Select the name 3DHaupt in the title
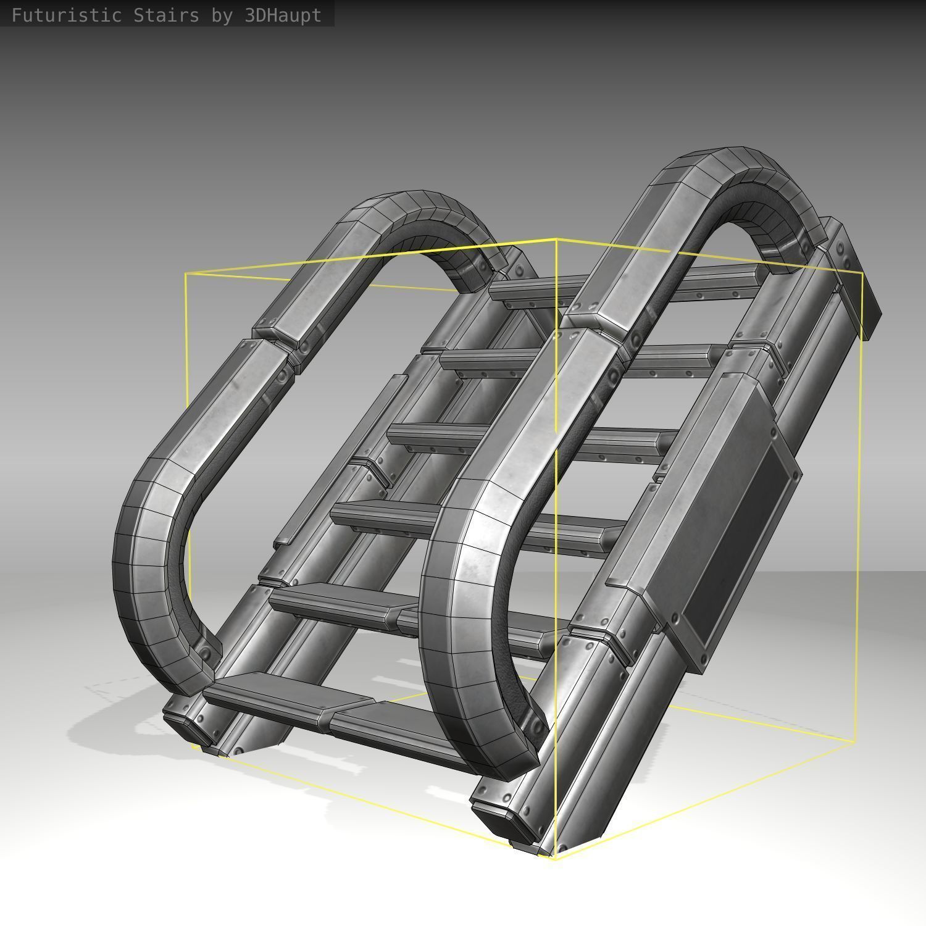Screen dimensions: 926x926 tap(283, 15)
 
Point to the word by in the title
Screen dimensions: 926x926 tap(222, 15)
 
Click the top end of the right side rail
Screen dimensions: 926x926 tap(858, 278)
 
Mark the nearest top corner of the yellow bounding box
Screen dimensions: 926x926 tap(556, 239)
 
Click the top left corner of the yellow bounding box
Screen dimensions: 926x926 tap(186, 274)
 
